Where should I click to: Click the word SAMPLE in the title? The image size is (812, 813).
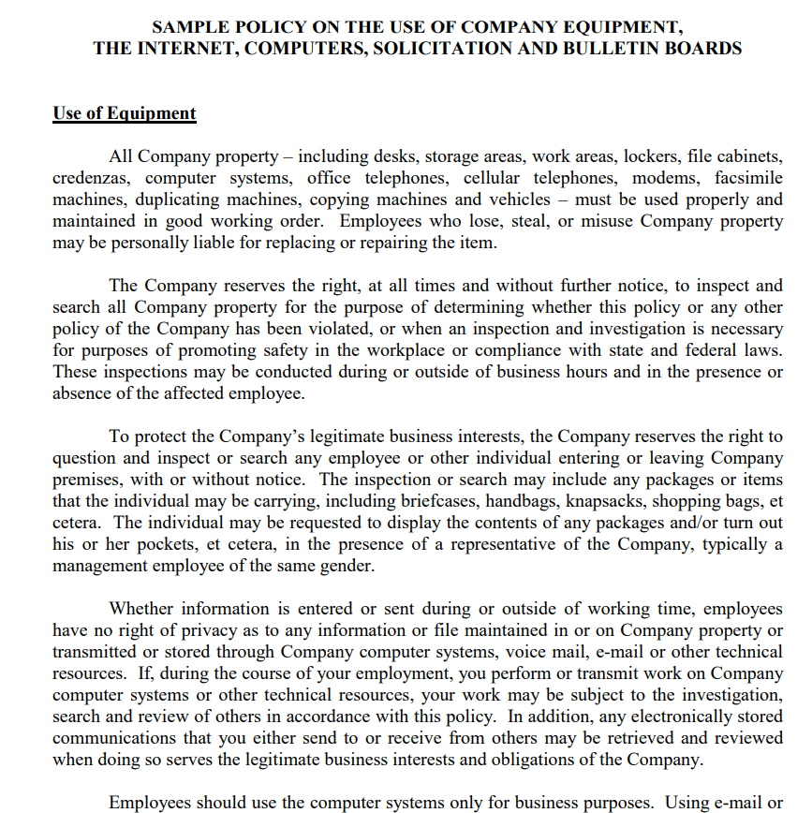point(192,26)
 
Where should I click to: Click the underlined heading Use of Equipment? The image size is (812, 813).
point(125,113)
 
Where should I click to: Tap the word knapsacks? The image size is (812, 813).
point(607,501)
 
